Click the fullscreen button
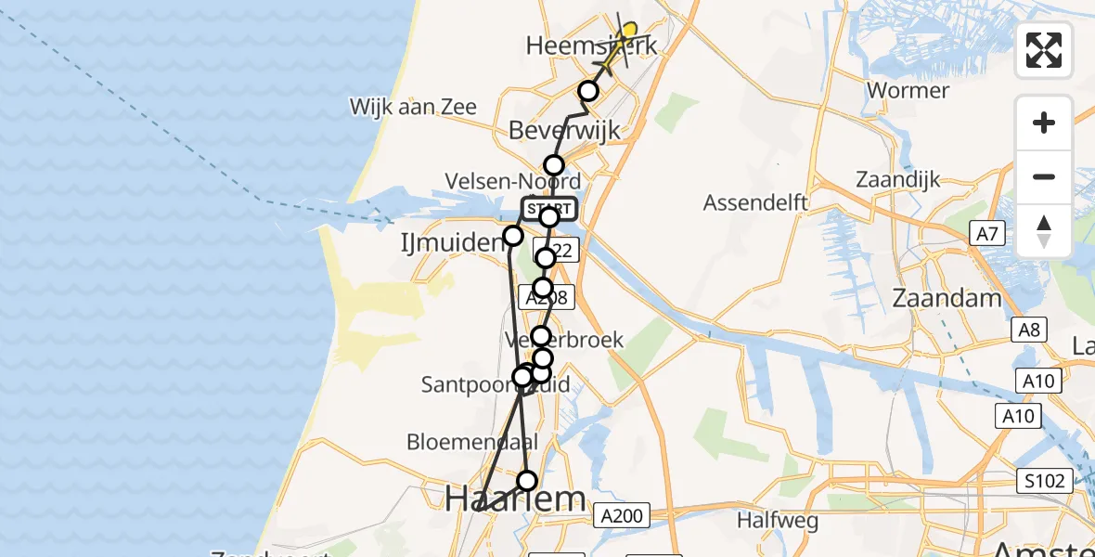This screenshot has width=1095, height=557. (x=1044, y=50)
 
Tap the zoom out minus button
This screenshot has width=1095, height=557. (x=1044, y=176)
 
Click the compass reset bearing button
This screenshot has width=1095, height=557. (x=1044, y=230)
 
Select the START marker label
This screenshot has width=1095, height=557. (x=549, y=209)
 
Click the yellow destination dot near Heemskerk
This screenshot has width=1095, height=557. (x=629, y=32)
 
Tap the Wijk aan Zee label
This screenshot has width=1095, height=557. (x=413, y=107)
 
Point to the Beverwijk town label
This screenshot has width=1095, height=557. (x=564, y=130)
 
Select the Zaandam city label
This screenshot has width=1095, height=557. (x=947, y=298)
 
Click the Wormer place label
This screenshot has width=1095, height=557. (x=907, y=91)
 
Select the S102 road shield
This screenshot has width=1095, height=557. (x=1044, y=481)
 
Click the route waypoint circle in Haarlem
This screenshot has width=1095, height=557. (x=527, y=480)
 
